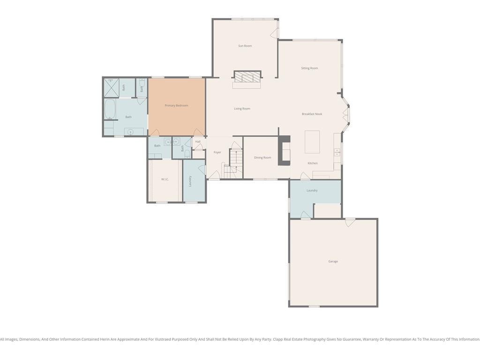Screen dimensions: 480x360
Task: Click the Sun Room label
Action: pos(245,46)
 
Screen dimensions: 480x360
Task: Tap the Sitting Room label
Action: pos(309,68)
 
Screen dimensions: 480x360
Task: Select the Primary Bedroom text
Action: pos(176,105)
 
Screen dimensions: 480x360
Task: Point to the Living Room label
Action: pos(242,109)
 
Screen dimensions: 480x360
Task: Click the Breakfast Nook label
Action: pos(312,114)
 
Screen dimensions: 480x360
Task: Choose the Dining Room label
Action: pos(262,157)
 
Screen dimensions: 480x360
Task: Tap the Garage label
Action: pos(333,262)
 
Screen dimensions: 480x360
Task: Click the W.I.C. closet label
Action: pos(165,179)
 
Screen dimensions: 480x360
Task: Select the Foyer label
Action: pos(217,152)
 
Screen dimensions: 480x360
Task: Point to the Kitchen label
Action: pos(313,163)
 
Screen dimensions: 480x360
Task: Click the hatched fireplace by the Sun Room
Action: pos(247,76)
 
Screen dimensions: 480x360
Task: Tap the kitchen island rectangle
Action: pos(312,142)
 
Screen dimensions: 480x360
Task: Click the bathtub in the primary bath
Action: pos(110,109)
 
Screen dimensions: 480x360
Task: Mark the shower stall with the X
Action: pos(112,88)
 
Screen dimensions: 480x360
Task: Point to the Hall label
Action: pos(198,142)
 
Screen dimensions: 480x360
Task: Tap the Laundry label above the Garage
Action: pos(312,190)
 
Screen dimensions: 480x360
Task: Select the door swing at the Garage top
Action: pos(350,223)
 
